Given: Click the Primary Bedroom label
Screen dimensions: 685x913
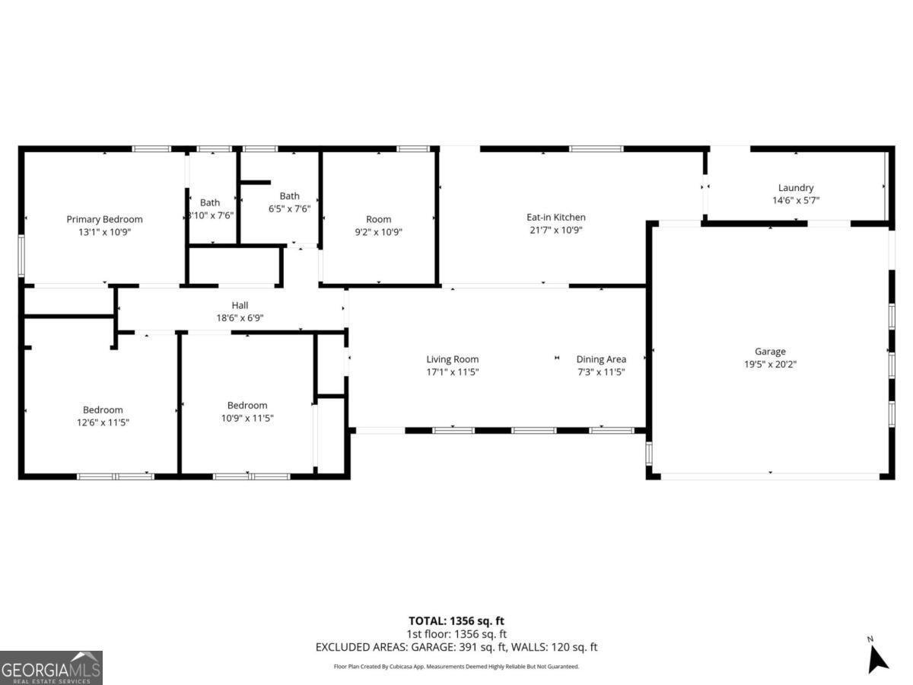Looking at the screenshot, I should (x=104, y=219).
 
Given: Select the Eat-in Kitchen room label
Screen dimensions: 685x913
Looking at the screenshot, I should (x=556, y=217).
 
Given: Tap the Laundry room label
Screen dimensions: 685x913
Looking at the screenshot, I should (x=796, y=187).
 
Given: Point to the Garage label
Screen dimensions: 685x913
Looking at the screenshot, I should (x=770, y=352).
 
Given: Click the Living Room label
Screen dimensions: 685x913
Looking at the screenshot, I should (x=452, y=359).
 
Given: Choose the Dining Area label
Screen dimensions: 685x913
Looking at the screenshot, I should (x=601, y=359).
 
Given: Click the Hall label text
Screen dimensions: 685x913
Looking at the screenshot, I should (x=240, y=306).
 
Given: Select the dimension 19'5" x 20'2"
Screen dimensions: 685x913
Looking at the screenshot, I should (x=770, y=365).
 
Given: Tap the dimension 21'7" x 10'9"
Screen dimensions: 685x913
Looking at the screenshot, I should (x=556, y=230).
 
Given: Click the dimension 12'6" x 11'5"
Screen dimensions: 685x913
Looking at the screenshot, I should (x=103, y=422).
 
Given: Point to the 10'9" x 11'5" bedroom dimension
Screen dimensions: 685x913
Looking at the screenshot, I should (x=247, y=418).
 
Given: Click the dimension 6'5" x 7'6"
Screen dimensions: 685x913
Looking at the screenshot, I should (x=289, y=209).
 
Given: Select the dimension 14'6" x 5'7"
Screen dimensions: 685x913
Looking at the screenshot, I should (x=796, y=200).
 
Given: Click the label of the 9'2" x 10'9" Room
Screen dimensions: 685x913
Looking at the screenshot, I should (x=378, y=219).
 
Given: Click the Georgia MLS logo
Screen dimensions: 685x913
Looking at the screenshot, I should (x=51, y=667).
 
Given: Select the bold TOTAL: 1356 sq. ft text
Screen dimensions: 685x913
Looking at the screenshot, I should (x=456, y=621).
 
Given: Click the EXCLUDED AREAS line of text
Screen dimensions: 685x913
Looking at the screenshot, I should (x=456, y=647).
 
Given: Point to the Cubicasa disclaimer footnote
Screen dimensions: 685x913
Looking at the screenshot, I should (x=456, y=666).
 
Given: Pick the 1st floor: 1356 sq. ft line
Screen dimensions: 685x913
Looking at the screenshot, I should (x=456, y=634).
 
